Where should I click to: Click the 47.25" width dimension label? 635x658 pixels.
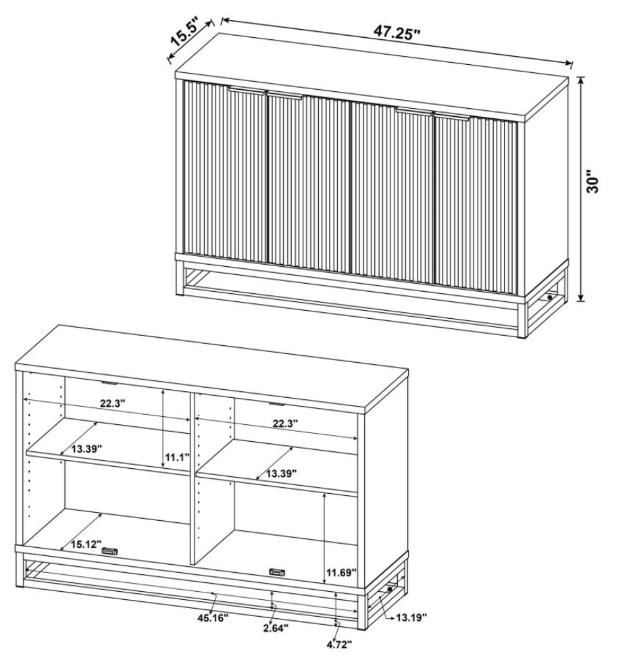397,32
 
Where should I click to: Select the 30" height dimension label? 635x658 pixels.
592,182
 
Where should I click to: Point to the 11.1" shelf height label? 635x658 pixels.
177,457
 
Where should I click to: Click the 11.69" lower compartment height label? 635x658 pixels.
341,572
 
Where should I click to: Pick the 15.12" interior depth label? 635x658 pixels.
86,545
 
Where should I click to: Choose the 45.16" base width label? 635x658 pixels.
213,617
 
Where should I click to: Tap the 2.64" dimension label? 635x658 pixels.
276,628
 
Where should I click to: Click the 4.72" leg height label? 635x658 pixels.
338,644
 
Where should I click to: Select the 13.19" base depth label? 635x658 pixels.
411,617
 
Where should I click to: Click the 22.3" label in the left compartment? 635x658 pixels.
113,404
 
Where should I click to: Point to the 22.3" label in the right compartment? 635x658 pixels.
285,424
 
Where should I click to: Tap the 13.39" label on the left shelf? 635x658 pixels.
86,449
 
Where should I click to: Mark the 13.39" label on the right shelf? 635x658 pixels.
282,474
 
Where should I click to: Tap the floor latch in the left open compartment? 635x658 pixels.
110,551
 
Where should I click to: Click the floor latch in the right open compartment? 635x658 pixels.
277,571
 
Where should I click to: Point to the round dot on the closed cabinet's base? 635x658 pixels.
550,297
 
